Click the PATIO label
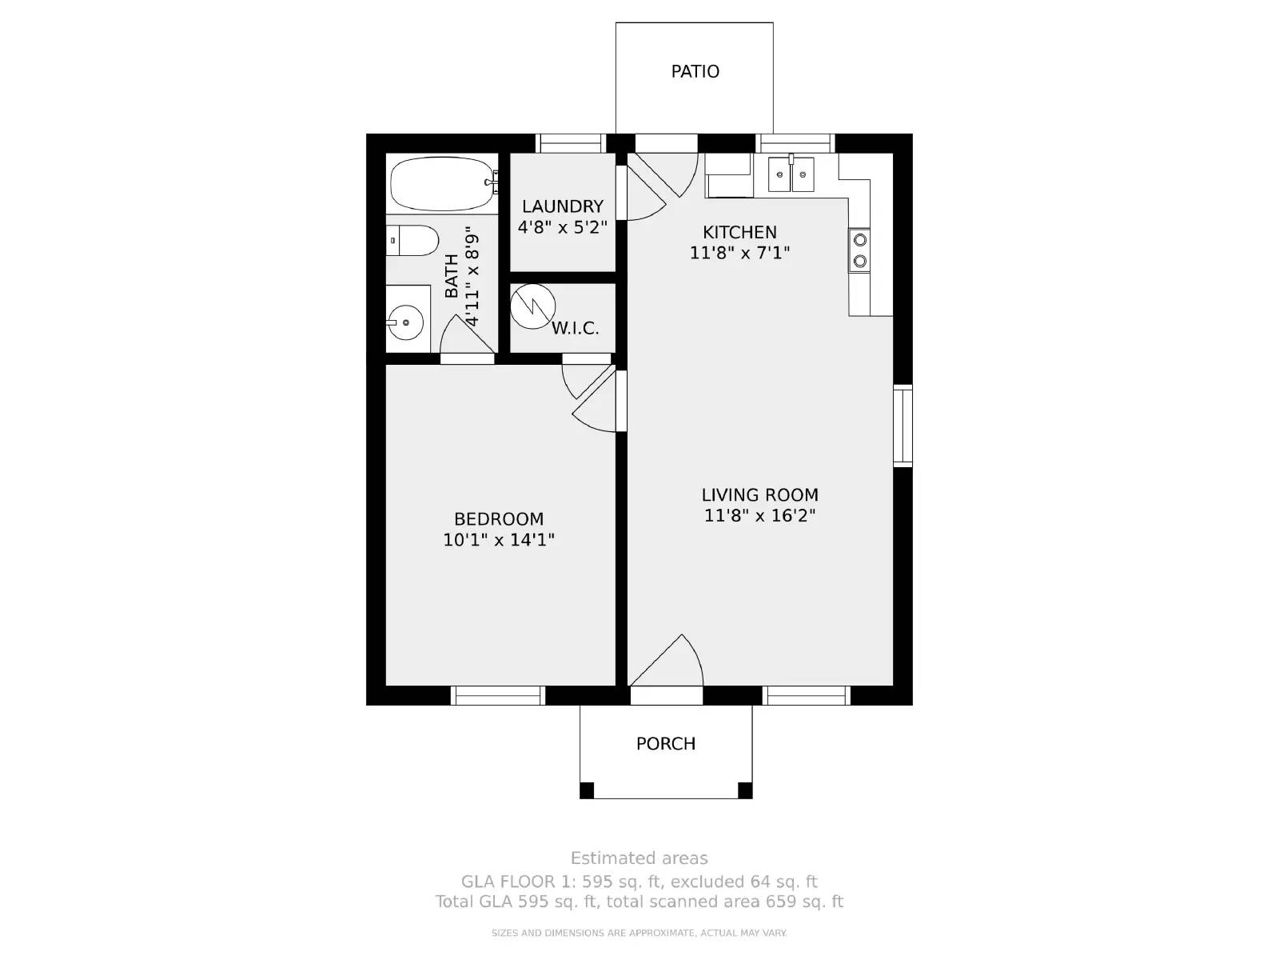695,71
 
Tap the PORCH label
665,743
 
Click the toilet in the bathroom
414,240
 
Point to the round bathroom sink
405,322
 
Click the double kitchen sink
791,174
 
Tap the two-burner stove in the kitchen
859,250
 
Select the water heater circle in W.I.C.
532,304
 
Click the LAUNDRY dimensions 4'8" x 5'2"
562,227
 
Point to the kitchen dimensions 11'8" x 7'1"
739,253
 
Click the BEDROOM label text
499,518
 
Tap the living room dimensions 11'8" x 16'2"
759,515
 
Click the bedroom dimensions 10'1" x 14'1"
499,540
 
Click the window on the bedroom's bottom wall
498,695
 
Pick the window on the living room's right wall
902,425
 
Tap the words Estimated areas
639,858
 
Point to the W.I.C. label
575,328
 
